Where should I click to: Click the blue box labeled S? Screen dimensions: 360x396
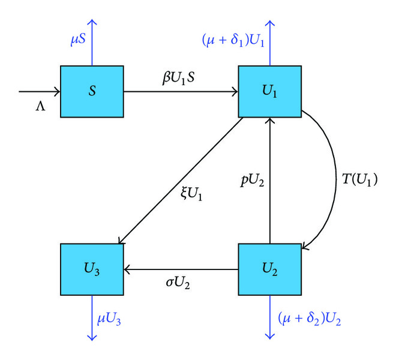point(92,92)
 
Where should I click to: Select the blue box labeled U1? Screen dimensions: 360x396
point(269,92)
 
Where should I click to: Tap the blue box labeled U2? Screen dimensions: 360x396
point(269,268)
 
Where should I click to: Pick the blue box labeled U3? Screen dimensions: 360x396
point(92,268)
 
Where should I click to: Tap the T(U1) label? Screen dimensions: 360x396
point(358,179)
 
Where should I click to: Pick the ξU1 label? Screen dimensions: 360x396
point(192,194)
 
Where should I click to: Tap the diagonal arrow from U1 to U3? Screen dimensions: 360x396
point(180,180)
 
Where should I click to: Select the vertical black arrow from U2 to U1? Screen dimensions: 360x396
point(270,180)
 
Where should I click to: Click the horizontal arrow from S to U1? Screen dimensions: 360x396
point(180,92)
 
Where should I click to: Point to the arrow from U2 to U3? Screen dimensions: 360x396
point(180,268)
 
